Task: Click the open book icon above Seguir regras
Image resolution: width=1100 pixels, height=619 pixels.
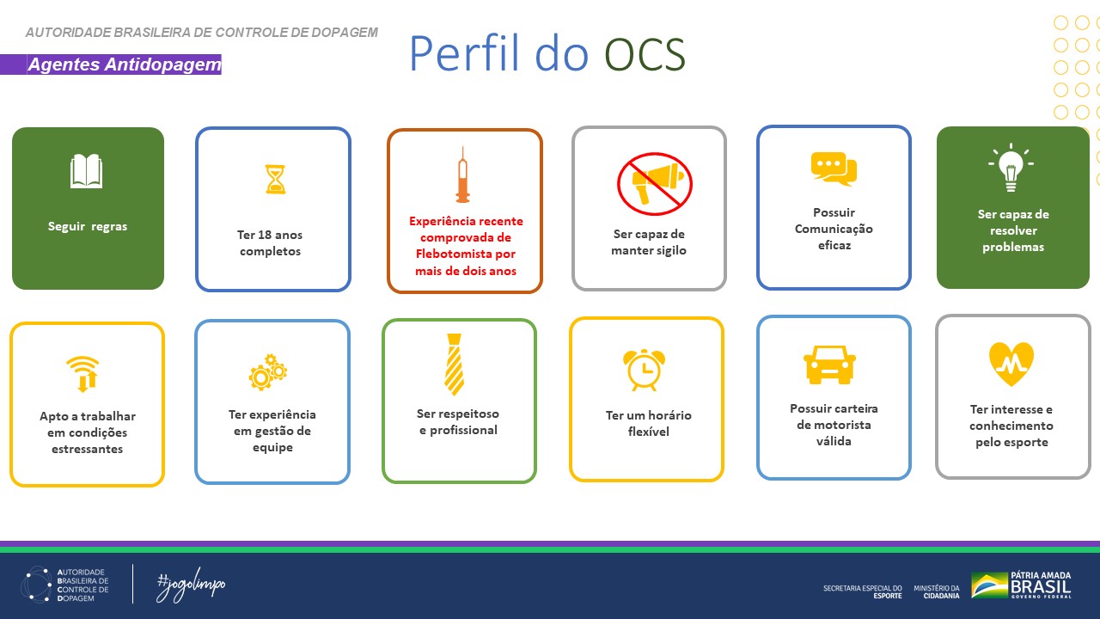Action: point(86,171)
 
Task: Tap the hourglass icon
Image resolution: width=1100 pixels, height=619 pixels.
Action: point(275,179)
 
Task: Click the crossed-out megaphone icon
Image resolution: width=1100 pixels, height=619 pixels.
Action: point(655,182)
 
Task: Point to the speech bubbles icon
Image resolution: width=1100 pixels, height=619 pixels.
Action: point(834,169)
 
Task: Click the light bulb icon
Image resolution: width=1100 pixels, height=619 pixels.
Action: point(1011,169)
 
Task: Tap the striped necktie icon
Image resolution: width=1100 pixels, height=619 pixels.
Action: point(454,364)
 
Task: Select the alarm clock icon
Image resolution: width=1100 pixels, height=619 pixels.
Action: point(643,368)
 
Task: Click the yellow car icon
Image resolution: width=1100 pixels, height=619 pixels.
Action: point(830,364)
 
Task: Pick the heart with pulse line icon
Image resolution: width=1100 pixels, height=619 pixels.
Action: point(1011,364)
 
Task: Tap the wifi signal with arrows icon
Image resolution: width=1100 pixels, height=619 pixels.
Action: point(83,374)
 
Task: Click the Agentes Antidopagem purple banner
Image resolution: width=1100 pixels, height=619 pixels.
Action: point(124,64)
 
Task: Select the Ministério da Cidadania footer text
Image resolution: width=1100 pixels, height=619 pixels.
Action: point(937,591)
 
